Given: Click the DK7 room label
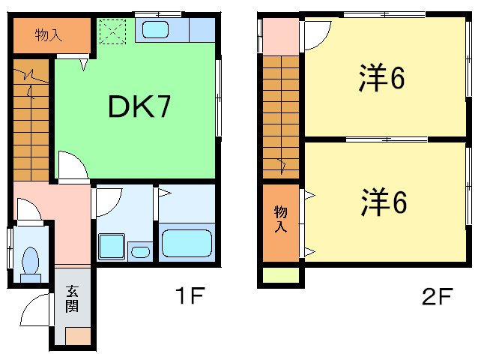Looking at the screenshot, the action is (x=139, y=106).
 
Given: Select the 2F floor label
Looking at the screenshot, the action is (x=437, y=296).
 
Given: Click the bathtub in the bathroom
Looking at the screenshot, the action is (x=187, y=243).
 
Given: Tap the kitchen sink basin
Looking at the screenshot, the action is (x=156, y=29).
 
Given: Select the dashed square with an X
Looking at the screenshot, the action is (x=113, y=31).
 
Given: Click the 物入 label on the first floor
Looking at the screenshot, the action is (x=49, y=35).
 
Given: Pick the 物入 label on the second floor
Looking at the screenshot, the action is (x=280, y=219).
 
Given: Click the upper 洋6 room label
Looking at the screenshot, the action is (x=381, y=77).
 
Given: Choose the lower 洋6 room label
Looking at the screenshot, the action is (x=384, y=202).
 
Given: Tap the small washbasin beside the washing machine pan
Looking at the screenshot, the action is (x=140, y=252).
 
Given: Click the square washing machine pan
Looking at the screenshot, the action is (x=112, y=247).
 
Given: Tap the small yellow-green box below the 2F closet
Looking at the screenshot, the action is (x=281, y=275).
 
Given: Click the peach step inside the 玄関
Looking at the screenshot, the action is (x=78, y=336).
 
